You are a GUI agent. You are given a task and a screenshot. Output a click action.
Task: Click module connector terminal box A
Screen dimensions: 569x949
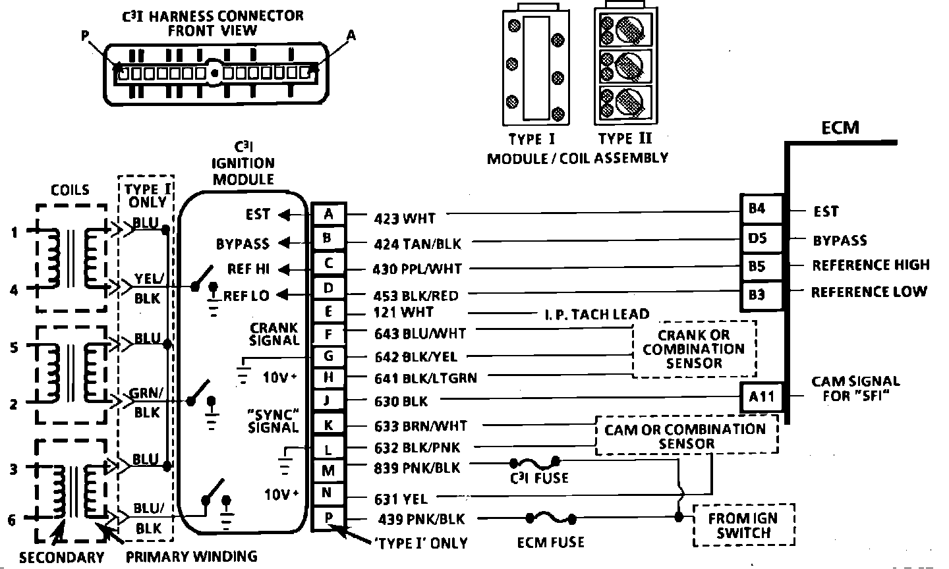click(x=328, y=213)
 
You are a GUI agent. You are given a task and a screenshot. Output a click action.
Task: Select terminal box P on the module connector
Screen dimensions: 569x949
click(x=328, y=518)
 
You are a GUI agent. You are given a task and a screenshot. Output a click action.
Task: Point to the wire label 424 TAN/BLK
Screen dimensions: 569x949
click(x=418, y=244)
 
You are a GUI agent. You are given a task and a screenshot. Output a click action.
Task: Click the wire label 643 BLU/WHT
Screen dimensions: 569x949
click(x=420, y=334)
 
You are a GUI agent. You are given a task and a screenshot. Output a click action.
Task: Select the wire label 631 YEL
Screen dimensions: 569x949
click(x=401, y=499)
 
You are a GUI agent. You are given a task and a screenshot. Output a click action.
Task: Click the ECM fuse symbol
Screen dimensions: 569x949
click(x=551, y=518)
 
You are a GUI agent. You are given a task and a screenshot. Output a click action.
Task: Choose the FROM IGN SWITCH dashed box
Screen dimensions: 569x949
click(x=743, y=525)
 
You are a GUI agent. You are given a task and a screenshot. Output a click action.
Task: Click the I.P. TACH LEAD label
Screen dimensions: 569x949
click(x=596, y=314)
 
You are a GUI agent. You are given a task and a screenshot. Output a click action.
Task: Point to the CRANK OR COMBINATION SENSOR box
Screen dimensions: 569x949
click(x=694, y=349)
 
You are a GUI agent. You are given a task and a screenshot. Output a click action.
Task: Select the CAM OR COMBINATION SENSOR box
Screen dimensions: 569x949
click(x=685, y=435)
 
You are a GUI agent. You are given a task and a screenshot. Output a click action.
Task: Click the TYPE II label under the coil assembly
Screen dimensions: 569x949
click(x=624, y=139)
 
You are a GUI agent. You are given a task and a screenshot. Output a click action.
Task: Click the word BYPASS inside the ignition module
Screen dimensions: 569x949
click(x=243, y=244)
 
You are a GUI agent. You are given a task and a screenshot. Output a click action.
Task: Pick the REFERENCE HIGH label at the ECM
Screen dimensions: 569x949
click(x=871, y=265)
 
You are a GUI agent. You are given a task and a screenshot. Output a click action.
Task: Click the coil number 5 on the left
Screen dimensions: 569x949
click(x=14, y=346)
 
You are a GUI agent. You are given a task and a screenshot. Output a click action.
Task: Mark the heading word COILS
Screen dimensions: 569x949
click(x=70, y=190)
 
